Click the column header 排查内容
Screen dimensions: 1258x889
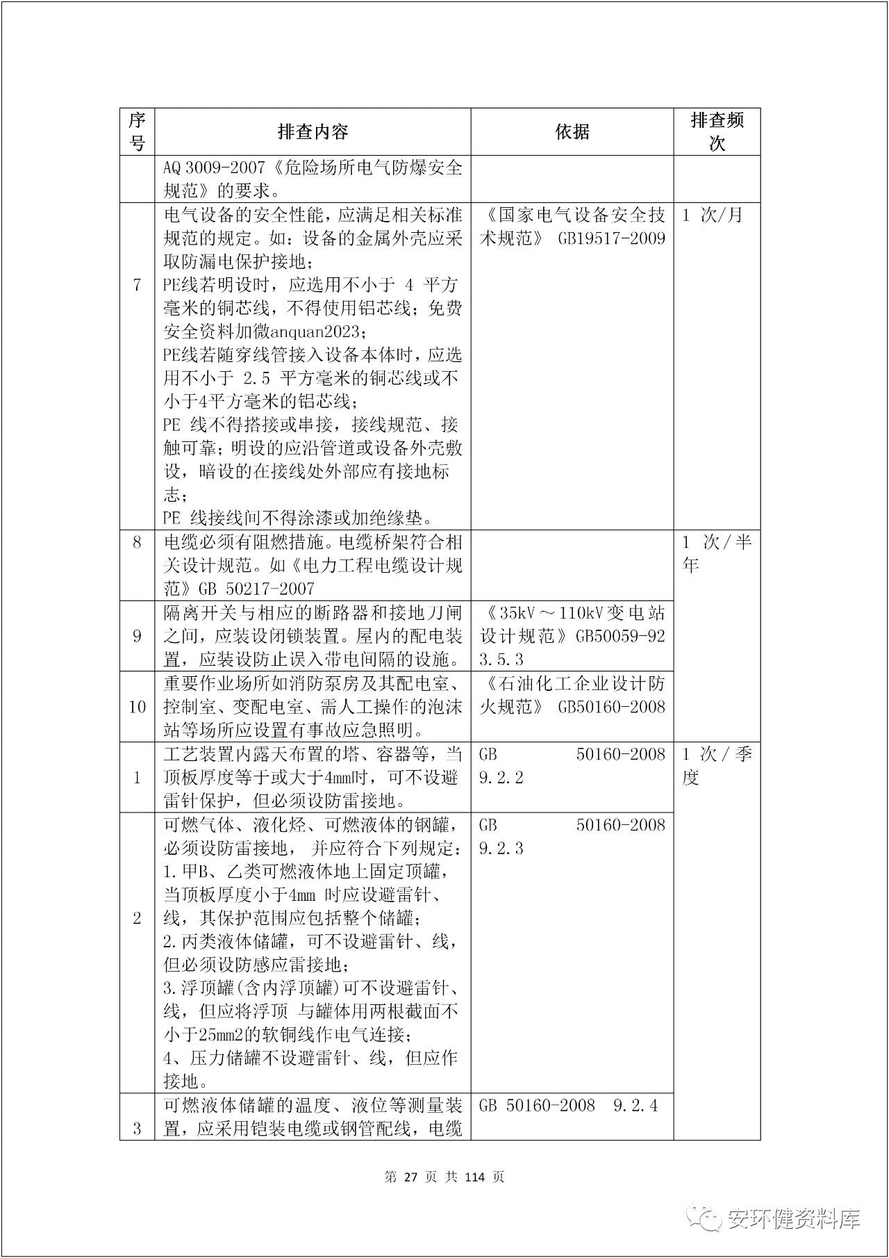click(x=313, y=131)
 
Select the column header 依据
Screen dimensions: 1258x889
click(x=572, y=131)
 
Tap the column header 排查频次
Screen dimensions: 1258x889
click(x=717, y=131)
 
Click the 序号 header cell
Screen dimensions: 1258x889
click(x=137, y=131)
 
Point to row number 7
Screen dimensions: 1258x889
click(x=137, y=285)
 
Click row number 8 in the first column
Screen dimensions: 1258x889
click(x=137, y=542)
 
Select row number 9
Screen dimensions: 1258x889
click(x=137, y=636)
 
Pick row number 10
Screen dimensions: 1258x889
click(x=137, y=707)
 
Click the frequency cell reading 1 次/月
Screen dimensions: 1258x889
click(x=713, y=215)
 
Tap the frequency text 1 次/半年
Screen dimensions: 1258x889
click(x=717, y=553)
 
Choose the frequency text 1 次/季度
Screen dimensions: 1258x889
click(x=717, y=766)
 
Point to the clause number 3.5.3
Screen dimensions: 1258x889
click(x=501, y=659)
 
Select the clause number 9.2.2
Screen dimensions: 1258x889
click(x=501, y=778)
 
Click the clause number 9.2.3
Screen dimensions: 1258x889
click(x=501, y=849)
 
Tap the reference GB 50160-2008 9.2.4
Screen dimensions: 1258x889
click(x=568, y=1106)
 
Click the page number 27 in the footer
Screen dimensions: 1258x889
click(x=409, y=1177)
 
